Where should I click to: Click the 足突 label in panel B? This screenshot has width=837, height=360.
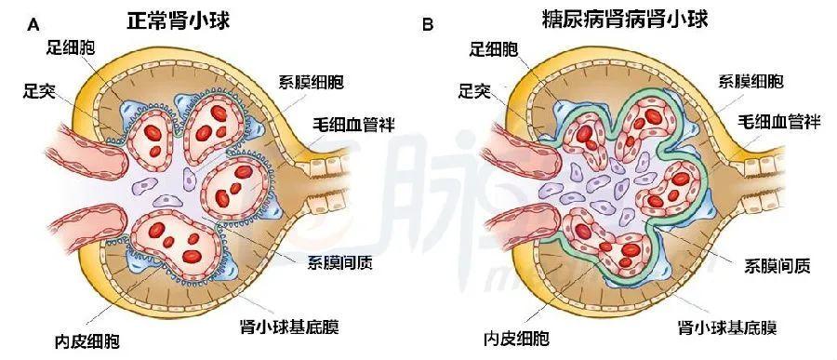477,92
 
